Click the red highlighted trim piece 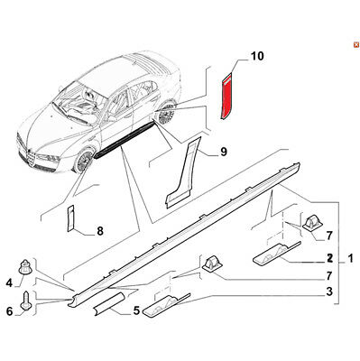[x=227, y=97]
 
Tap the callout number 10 [x=257, y=56]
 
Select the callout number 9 [x=224, y=152]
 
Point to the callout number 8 [x=100, y=231]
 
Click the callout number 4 [x=9, y=282]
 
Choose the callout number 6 [x=10, y=311]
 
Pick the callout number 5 [x=137, y=310]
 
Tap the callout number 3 [x=329, y=292]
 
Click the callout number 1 [x=350, y=258]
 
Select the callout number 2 [x=329, y=258]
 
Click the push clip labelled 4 [x=25, y=267]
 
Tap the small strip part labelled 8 [x=69, y=218]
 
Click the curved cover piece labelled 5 [x=109, y=304]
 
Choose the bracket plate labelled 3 [x=166, y=305]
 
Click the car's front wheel [x=84, y=160]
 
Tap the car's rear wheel [x=166, y=114]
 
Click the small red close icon [x=355, y=45]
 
